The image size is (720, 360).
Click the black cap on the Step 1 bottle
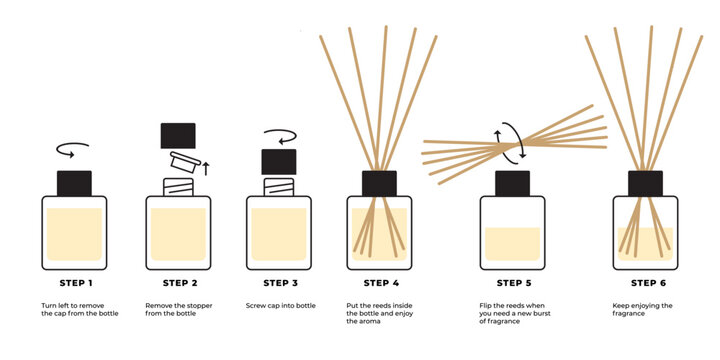click(x=74, y=183)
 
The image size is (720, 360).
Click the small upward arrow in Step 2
click(x=206, y=167)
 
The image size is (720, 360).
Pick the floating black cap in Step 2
click(x=177, y=135)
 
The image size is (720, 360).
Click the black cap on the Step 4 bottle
click(x=379, y=183)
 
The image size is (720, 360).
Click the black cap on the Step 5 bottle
click(x=511, y=183)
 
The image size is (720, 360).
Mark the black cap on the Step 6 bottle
click(x=645, y=183)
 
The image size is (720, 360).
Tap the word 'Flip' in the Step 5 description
click(x=487, y=305)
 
